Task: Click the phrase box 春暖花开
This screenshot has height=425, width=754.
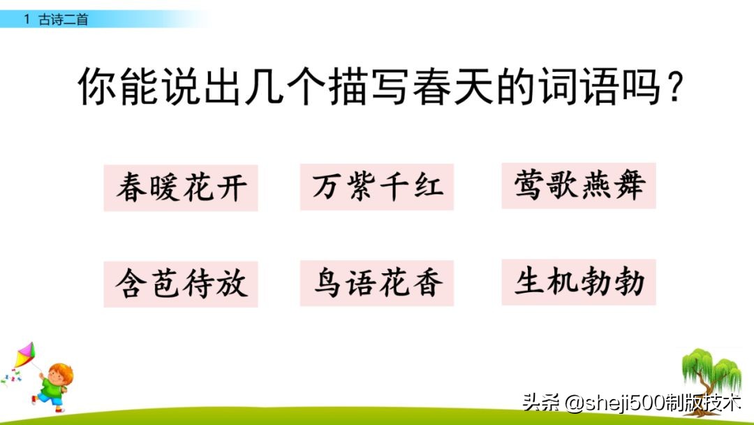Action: pyautogui.click(x=181, y=188)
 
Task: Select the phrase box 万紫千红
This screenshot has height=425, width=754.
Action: pyautogui.click(x=377, y=187)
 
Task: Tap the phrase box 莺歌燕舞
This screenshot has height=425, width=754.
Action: pyautogui.click(x=579, y=185)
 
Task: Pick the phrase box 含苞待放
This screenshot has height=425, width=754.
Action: pyautogui.click(x=181, y=284)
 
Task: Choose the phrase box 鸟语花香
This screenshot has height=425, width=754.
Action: pyautogui.click(x=377, y=283)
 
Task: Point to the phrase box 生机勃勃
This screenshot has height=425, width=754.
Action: pyautogui.click(x=579, y=282)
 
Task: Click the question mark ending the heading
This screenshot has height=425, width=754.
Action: pyautogui.click(x=673, y=89)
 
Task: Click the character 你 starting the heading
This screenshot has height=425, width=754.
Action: pyautogui.click(x=94, y=87)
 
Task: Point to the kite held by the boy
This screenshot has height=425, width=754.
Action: pyautogui.click(x=25, y=356)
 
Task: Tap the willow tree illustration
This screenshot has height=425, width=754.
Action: pyautogui.click(x=711, y=373)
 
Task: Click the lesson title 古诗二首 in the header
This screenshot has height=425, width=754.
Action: pyautogui.click(x=64, y=20)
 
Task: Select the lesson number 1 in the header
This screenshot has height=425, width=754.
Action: pyautogui.click(x=27, y=20)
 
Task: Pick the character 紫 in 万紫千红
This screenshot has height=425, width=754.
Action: pyautogui.click(x=360, y=187)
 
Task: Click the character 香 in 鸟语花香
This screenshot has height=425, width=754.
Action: pyautogui.click(x=427, y=283)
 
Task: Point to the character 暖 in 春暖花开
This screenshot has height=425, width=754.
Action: pyautogui.click(x=164, y=188)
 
